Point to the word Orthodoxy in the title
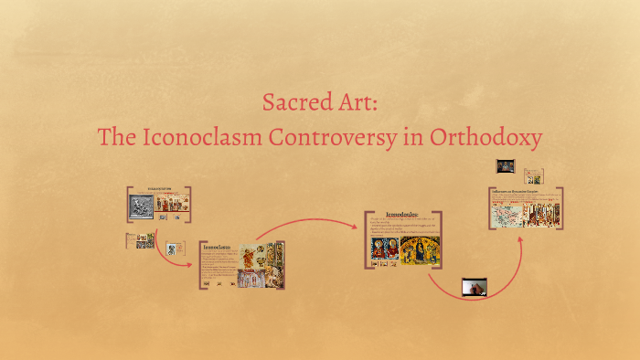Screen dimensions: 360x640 click(x=493, y=138)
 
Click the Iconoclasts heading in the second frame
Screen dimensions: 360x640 click(x=216, y=247)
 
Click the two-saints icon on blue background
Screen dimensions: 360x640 click(x=384, y=250)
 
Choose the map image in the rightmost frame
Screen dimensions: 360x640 click(x=506, y=217)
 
